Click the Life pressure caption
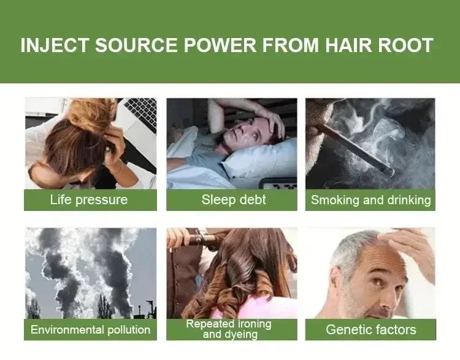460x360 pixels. click(89, 200)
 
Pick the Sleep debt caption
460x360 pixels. click(231, 200)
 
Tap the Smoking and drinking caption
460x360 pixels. click(370, 200)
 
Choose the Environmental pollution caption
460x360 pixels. click(90, 329)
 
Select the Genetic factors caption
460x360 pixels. click(370, 329)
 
